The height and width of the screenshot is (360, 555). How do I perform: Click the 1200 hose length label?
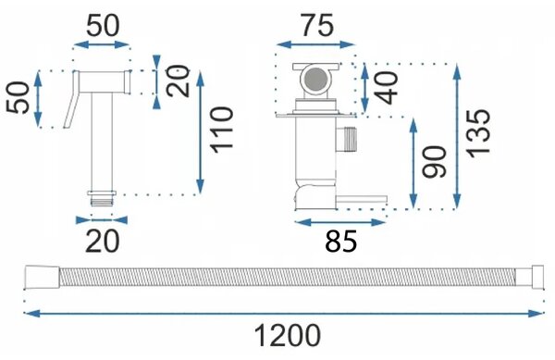pyautogui.click(x=288, y=336)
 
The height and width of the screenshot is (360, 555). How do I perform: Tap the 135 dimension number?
pyautogui.click(x=478, y=131)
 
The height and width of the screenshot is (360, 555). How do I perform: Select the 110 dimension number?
pyautogui.click(x=222, y=130)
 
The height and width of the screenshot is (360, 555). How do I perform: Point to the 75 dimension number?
pyautogui.click(x=316, y=25)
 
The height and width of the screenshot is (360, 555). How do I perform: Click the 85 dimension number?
pyautogui.click(x=340, y=242)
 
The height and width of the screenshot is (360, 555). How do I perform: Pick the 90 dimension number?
pyautogui.click(x=435, y=162)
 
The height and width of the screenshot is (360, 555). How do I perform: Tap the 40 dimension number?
pyautogui.click(x=386, y=88)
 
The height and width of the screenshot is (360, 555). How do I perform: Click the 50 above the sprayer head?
pyautogui.click(x=103, y=26)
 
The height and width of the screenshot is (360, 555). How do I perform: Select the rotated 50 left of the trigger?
pyautogui.click(x=18, y=98)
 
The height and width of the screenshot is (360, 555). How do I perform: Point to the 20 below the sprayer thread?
pyautogui.click(x=103, y=241)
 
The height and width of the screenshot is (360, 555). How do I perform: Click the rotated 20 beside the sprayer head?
pyautogui.click(x=178, y=81)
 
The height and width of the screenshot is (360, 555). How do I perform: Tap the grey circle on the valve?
pyautogui.click(x=315, y=79)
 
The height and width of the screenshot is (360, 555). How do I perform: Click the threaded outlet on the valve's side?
pyautogui.click(x=347, y=139)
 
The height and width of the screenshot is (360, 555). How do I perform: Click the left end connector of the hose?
pyautogui.click(x=43, y=277)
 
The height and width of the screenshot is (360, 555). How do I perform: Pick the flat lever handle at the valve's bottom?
pyautogui.click(x=361, y=200)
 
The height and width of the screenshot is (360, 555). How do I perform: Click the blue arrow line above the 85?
pyautogui.click(x=339, y=222)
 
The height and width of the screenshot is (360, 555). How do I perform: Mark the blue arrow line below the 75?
pyautogui.click(x=315, y=44)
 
